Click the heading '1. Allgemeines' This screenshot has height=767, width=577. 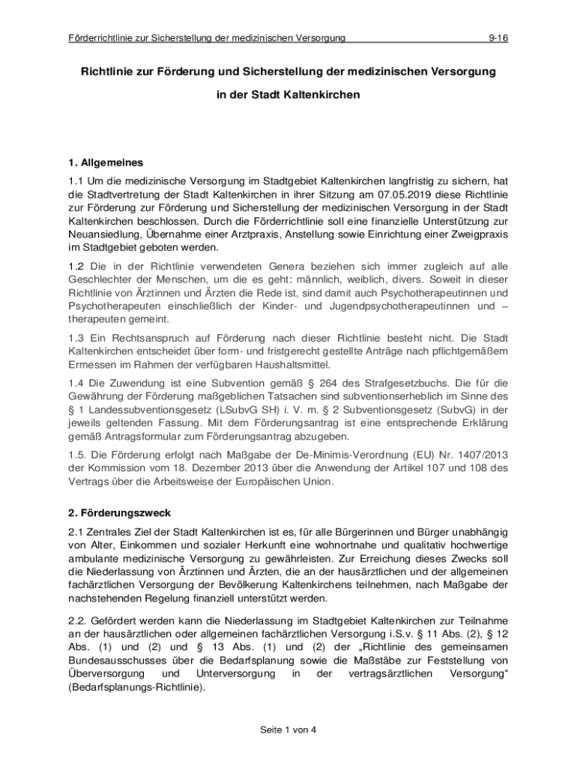pos(106,162)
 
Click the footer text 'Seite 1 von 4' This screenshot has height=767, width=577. pos(288,730)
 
